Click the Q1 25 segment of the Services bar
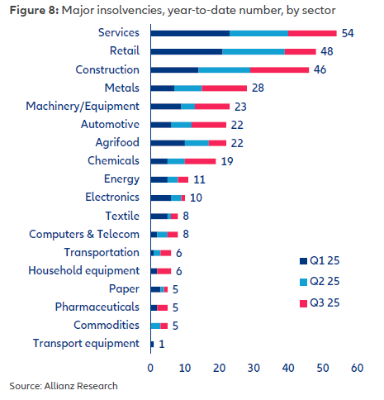(x=190, y=33)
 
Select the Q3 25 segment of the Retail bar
(x=300, y=51)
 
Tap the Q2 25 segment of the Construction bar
(x=224, y=69)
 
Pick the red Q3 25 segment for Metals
(x=224, y=88)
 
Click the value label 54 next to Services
(x=348, y=33)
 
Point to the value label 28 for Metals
(x=258, y=88)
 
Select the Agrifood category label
(x=116, y=142)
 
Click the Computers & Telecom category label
(x=85, y=234)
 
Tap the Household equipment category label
(x=84, y=270)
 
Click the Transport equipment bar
(x=152, y=343)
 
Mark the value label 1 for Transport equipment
(x=162, y=343)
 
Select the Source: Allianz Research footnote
(x=64, y=386)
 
